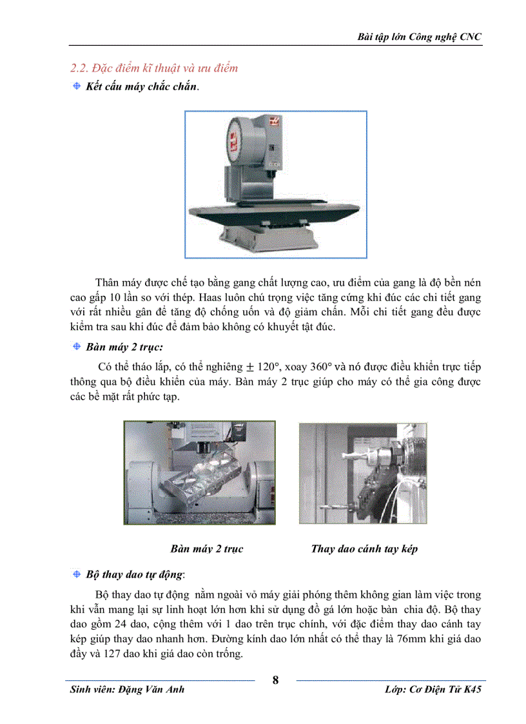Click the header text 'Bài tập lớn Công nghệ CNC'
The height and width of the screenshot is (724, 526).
tap(420, 37)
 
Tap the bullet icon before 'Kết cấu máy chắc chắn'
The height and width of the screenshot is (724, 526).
tap(76, 86)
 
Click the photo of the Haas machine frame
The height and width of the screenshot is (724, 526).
tap(275, 184)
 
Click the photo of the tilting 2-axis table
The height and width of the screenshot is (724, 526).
tap(200, 472)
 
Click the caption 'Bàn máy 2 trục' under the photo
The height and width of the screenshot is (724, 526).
tap(206, 549)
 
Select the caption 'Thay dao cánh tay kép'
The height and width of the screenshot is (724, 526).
tap(364, 549)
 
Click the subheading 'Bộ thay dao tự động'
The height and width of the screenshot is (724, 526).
tap(135, 574)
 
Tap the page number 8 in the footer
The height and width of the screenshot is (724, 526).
tap(276, 681)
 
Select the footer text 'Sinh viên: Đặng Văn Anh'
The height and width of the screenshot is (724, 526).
tap(127, 689)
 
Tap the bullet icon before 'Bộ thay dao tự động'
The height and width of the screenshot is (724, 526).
tap(76, 574)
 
